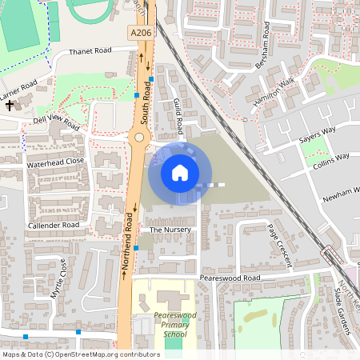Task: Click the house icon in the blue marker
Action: pos(180,172)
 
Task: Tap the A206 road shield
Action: pos(139,34)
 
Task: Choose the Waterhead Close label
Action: pos(54,162)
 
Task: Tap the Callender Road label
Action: pos(54,226)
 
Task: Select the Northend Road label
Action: pos(127,245)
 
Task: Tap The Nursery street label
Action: pos(166,230)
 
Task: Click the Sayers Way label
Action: pos(317,133)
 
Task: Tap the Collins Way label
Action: pos(331,158)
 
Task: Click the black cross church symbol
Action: pos(10,105)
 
